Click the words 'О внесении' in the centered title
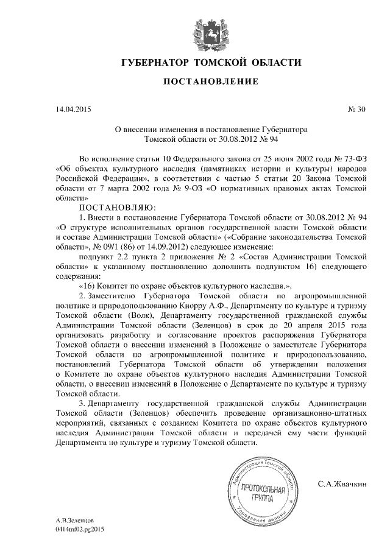[134, 130]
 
